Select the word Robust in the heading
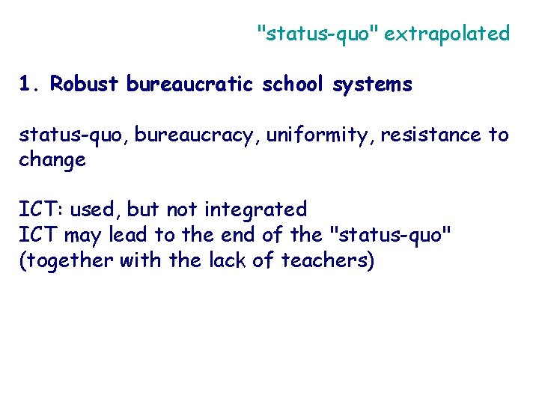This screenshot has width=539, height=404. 84,85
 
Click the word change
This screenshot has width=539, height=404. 52,160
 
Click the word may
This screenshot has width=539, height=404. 83,235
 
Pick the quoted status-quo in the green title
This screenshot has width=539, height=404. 317,34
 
